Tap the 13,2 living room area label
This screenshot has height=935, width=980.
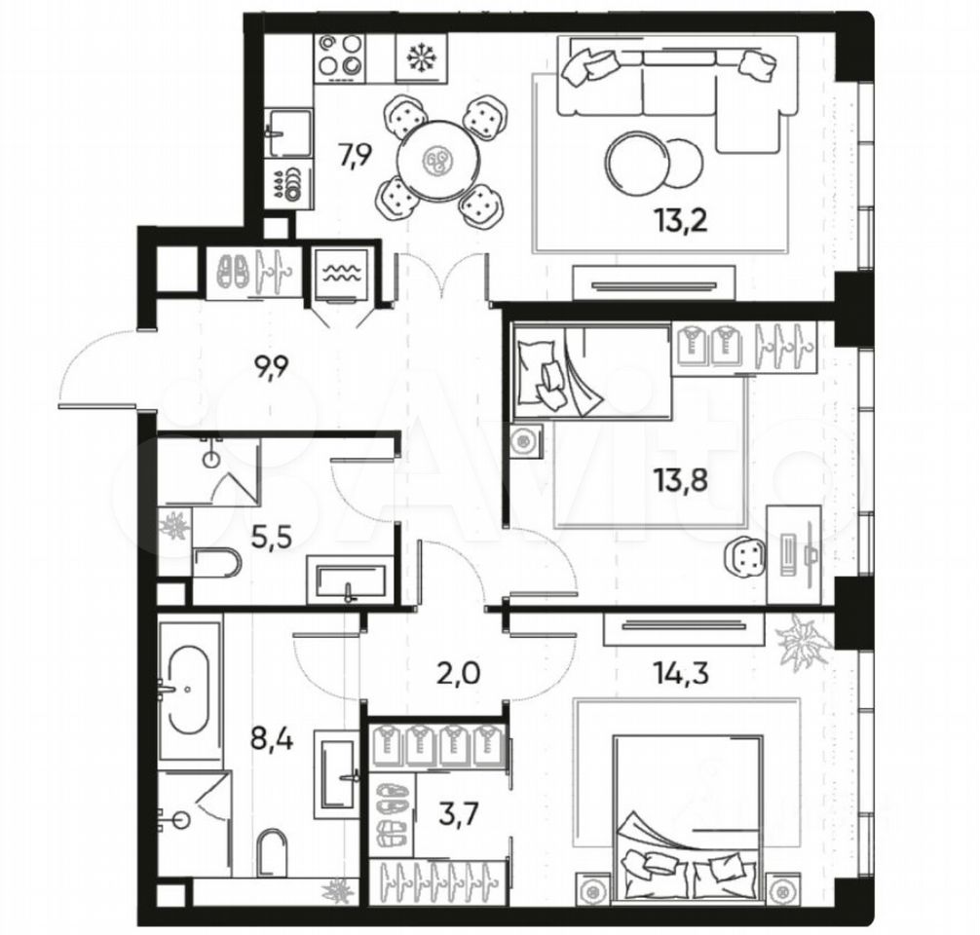(x=681, y=221)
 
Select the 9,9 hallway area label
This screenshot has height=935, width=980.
(x=270, y=368)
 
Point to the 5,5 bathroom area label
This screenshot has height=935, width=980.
(x=271, y=537)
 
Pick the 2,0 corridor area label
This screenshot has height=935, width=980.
(x=460, y=674)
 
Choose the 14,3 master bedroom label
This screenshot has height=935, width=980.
(x=681, y=673)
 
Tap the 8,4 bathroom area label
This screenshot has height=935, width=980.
(x=272, y=739)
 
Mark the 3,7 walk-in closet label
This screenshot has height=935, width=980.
(x=459, y=814)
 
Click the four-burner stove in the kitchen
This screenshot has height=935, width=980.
(x=340, y=58)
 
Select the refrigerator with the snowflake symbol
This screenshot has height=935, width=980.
(x=422, y=58)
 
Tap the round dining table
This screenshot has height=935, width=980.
(x=436, y=161)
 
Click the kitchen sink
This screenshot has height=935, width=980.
(x=288, y=133)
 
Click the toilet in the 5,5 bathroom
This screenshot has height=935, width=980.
(x=217, y=564)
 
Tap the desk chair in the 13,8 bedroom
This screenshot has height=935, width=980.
(x=745, y=555)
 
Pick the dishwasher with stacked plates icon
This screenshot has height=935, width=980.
(x=288, y=184)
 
